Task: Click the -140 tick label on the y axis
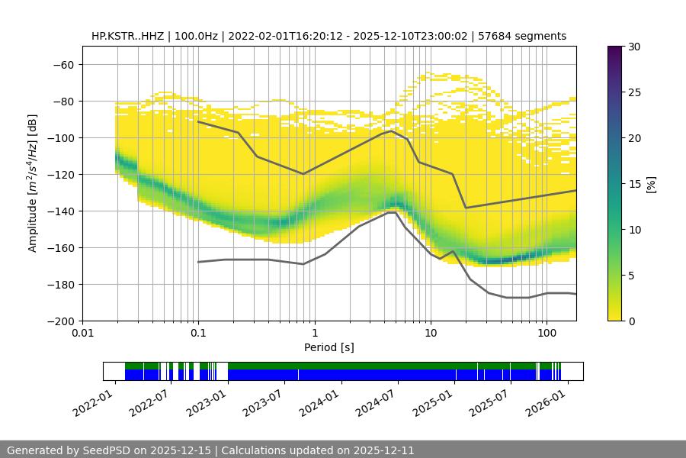[x=63, y=211]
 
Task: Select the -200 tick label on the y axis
[x=63, y=321]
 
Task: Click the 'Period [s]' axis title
[x=329, y=347]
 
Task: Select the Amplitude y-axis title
[x=33, y=184]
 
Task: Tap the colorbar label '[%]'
[x=651, y=184]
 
